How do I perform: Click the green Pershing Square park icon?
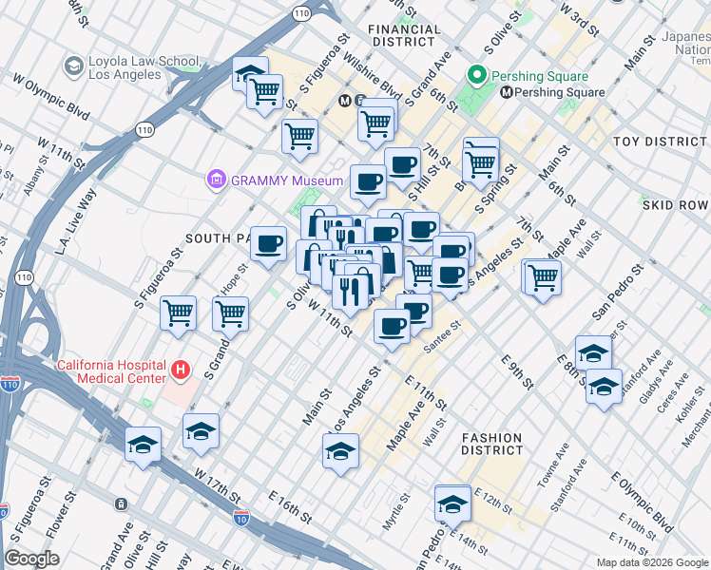tap(476, 76)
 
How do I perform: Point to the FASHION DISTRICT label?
tap(491, 445)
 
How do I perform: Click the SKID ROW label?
tap(676, 205)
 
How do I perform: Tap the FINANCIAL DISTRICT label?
tap(406, 36)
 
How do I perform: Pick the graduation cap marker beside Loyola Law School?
tap(250, 74)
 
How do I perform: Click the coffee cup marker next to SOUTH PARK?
tap(268, 242)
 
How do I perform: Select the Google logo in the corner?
tap(31, 559)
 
